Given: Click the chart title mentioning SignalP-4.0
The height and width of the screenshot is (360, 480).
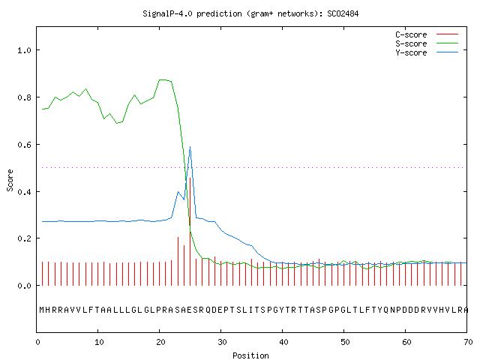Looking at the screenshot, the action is click(x=250, y=13).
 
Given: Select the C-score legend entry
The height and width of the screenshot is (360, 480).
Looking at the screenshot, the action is click(x=427, y=34).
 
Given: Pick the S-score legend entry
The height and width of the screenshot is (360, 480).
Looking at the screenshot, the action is click(x=427, y=43).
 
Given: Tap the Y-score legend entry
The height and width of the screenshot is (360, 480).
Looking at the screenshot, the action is click(x=427, y=52).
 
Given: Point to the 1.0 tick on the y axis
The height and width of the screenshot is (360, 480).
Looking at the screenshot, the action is click(x=24, y=50).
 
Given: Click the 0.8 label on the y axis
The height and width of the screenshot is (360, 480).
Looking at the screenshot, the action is click(x=24, y=97).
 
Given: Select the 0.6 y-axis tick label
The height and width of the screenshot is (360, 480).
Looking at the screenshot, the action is click(x=24, y=145).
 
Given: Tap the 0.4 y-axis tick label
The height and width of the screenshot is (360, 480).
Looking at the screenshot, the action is click(x=24, y=192).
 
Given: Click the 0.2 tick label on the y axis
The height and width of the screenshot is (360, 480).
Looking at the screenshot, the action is click(x=24, y=238).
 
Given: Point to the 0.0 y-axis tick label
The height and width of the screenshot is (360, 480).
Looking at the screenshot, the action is click(x=24, y=286).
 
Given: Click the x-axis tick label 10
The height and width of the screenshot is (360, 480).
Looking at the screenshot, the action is click(x=99, y=342).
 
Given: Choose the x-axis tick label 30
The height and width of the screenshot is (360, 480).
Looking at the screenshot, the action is click(x=222, y=342).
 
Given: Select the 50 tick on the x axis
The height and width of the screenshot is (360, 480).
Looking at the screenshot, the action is click(x=345, y=342).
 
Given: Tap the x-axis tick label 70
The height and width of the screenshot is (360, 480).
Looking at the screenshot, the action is click(x=468, y=342).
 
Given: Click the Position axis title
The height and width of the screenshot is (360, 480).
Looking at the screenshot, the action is click(x=250, y=355).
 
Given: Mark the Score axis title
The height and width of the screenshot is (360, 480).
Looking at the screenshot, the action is click(x=10, y=180).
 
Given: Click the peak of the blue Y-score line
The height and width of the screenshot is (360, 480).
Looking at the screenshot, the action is click(x=190, y=147).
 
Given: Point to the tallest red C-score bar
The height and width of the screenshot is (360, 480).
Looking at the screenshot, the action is click(x=190, y=232).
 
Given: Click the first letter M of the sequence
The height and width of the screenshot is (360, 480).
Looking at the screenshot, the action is click(x=42, y=310).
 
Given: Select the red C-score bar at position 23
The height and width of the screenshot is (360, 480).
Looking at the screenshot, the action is click(x=178, y=261).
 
